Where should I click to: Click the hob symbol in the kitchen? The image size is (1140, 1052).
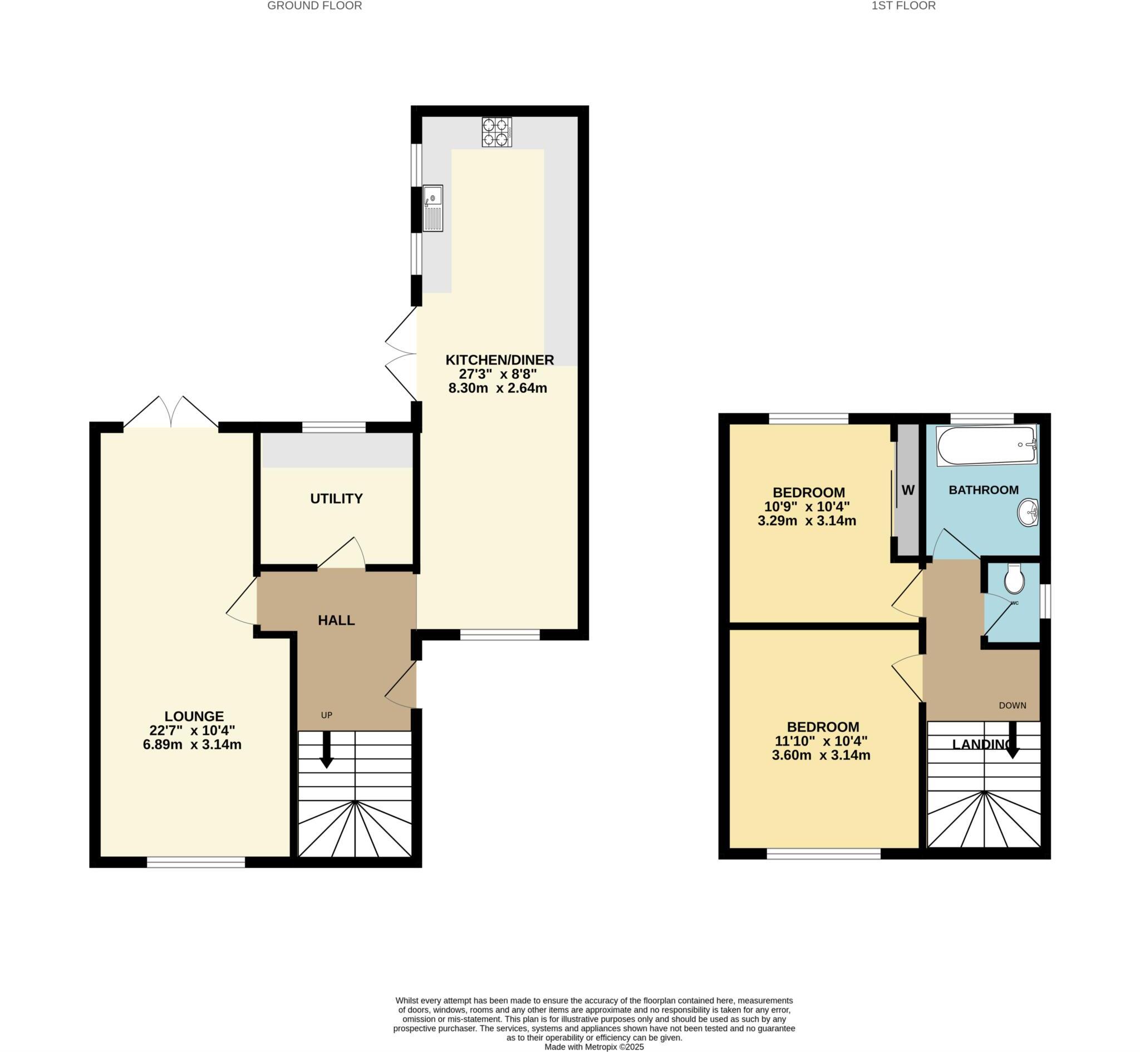pyautogui.click(x=496, y=132)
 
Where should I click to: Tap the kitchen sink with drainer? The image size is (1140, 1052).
pyautogui.click(x=433, y=209)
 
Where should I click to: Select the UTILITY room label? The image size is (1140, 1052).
pyautogui.click(x=336, y=498)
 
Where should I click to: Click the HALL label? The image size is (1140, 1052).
pyautogui.click(x=336, y=620)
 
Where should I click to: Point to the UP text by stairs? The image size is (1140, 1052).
pyautogui.click(x=326, y=715)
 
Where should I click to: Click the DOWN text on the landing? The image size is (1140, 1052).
pyautogui.click(x=1013, y=706)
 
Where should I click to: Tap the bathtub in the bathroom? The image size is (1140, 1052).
pyautogui.click(x=986, y=446)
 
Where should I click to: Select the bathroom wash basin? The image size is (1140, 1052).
pyautogui.click(x=1028, y=513)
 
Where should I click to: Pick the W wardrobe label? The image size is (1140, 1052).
pyautogui.click(x=908, y=490)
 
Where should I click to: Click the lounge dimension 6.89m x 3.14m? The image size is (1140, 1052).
pyautogui.click(x=192, y=744)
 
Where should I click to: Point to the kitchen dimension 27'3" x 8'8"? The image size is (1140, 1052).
pyautogui.click(x=498, y=374)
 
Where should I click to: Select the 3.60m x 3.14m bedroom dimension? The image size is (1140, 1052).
pyautogui.click(x=821, y=756)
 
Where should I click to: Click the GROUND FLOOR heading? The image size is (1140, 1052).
pyautogui.click(x=315, y=6)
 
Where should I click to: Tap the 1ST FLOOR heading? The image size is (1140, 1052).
pyautogui.click(x=903, y=6)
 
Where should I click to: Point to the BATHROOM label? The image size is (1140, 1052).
pyautogui.click(x=984, y=490)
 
